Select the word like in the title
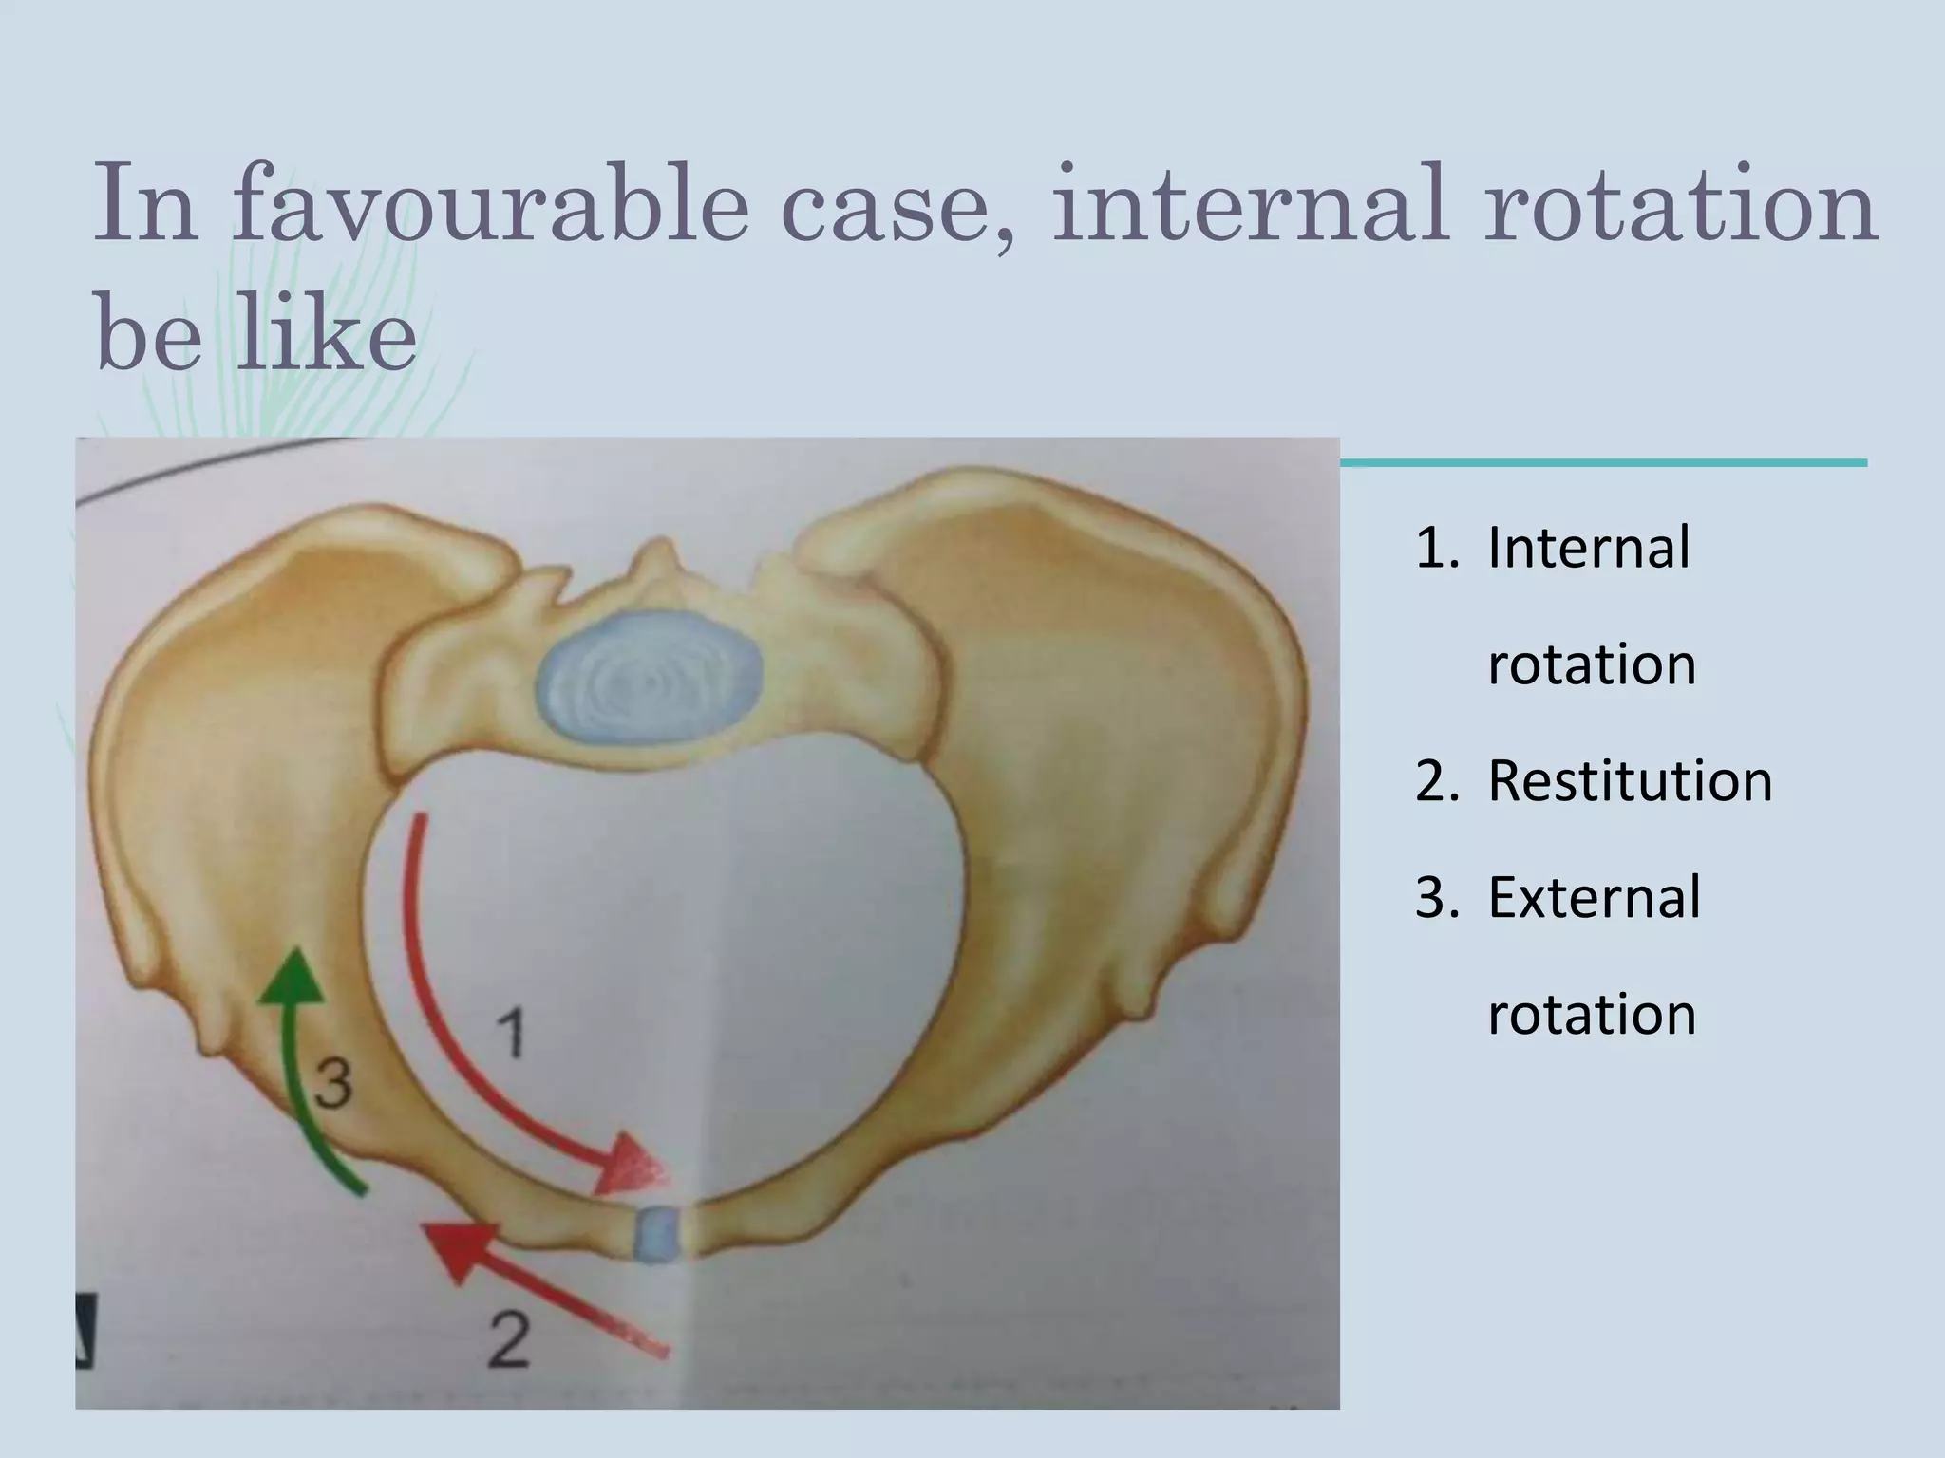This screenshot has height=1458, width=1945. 325,335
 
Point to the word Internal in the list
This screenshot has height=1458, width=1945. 1589,548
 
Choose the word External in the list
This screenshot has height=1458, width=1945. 1594,897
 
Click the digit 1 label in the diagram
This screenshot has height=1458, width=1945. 511,1033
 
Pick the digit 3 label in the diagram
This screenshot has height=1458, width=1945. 333,1085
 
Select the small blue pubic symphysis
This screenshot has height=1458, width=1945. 658,1233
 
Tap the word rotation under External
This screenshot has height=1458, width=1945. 1592,1014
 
